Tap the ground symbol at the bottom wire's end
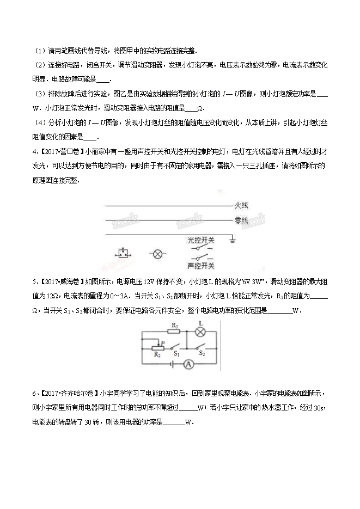(x=232, y=238)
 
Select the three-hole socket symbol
(x=123, y=254)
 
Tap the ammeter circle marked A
(x=187, y=365)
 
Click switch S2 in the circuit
(x=201, y=347)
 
